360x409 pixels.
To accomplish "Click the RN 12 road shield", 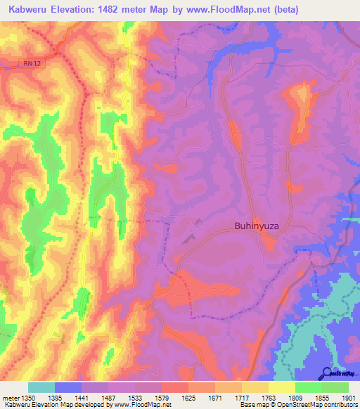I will coord(28,64).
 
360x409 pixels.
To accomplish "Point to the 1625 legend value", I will coord(188,398).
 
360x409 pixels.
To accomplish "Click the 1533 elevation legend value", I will coord(135,398).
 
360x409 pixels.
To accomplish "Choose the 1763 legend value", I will coord(269,398).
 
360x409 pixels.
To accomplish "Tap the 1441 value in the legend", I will coord(82,398).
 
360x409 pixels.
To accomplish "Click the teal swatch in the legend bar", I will coord(41,387).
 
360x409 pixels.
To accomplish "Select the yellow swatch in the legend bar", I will coord(282,387).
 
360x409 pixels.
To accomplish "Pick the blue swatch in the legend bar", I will coord(68,387).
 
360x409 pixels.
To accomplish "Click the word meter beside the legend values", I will coord(11,398).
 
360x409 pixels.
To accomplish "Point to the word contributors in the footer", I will coord(340,405).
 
